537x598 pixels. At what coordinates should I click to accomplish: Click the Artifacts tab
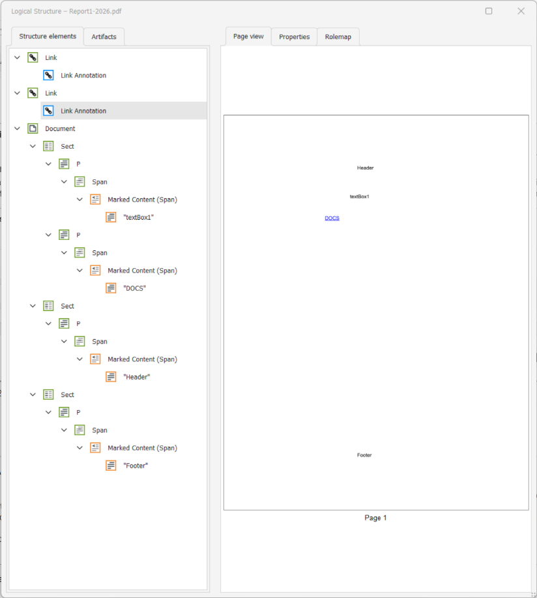coord(104,37)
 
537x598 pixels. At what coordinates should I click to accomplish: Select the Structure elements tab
coord(48,37)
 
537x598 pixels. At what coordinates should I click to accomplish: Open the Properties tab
coord(294,37)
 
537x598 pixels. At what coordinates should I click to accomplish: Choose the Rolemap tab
coord(338,37)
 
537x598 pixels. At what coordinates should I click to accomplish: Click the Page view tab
coord(248,37)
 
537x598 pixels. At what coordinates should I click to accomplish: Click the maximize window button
coord(489,11)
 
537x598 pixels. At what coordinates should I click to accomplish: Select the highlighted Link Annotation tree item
coord(83,111)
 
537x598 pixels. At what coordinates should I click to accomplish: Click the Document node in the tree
coord(60,128)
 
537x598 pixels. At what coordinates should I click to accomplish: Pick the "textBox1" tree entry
coord(138,217)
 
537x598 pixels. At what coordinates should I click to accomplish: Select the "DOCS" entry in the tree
coord(134,288)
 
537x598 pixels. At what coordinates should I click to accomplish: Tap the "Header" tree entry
coord(136,377)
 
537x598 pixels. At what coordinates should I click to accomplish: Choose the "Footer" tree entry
coord(136,466)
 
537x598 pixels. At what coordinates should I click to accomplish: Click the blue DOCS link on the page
coord(332,218)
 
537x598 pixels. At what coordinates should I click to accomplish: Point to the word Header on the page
coord(365,168)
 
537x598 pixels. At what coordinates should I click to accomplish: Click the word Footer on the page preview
coord(364,455)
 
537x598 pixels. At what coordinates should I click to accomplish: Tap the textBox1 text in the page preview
coord(359,196)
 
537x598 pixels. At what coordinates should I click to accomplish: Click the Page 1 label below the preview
coord(375,518)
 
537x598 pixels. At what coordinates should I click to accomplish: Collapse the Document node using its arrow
coord(17,128)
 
